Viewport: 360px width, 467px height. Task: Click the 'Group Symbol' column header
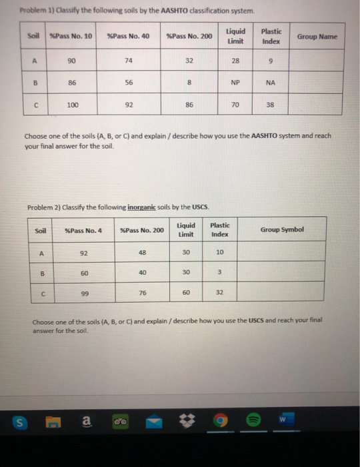pyautogui.click(x=281, y=229)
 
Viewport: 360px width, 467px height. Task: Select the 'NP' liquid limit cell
pyautogui.click(x=235, y=83)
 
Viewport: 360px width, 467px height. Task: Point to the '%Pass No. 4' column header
pyautogui.click(x=83, y=231)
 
